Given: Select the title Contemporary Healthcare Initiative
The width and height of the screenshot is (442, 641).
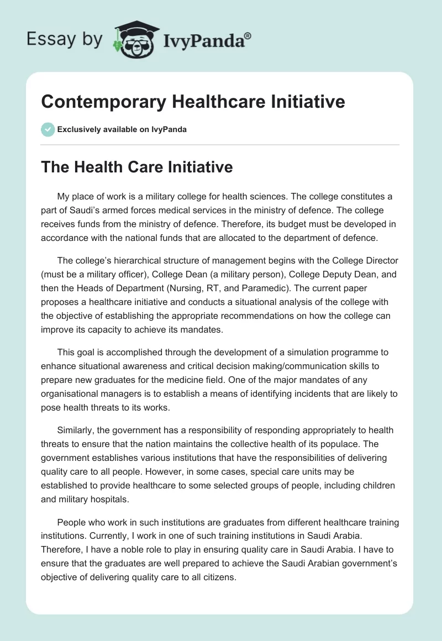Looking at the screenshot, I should pyautogui.click(x=193, y=102).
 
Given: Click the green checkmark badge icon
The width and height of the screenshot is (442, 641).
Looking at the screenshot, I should pyautogui.click(x=48, y=129).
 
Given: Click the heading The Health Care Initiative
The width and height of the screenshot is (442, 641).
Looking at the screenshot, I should pyautogui.click(x=137, y=168).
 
